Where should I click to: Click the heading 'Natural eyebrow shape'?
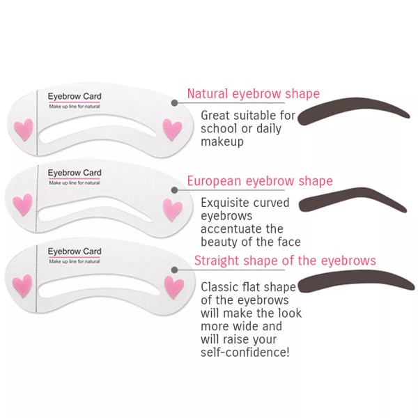253,93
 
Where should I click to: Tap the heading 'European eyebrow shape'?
259,181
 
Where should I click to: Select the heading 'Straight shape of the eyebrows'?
284,261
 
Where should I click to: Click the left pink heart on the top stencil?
24,128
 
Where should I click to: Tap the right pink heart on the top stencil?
172,129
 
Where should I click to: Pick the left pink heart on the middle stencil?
23,203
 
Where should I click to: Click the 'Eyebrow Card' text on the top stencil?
74,95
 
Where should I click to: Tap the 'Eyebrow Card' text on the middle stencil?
74,173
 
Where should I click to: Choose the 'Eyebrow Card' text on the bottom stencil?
74,251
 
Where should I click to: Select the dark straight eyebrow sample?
352,285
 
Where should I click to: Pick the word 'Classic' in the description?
219,286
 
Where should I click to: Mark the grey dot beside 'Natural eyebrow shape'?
173,102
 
